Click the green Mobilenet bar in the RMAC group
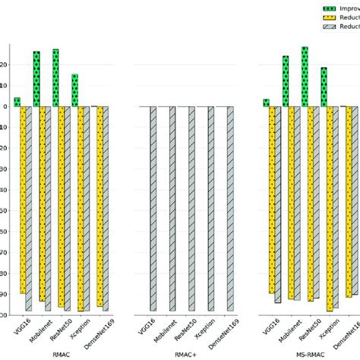pyautogui.click(x=36, y=79)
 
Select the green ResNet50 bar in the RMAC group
pyautogui.click(x=55, y=77)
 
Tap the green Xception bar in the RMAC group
pyautogui.click(x=74, y=90)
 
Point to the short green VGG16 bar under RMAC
pyautogui.click(x=17, y=102)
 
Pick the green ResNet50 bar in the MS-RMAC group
pyautogui.click(x=305, y=77)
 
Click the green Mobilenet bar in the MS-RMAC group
pyautogui.click(x=286, y=81)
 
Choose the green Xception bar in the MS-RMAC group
pyautogui.click(x=324, y=87)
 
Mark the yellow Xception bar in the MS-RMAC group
pyautogui.click(x=330, y=208)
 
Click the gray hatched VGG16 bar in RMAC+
pyautogui.click(x=153, y=208)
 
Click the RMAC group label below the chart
pyautogui.click(x=61, y=354)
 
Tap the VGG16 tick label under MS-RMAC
pyautogui.click(x=269, y=328)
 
